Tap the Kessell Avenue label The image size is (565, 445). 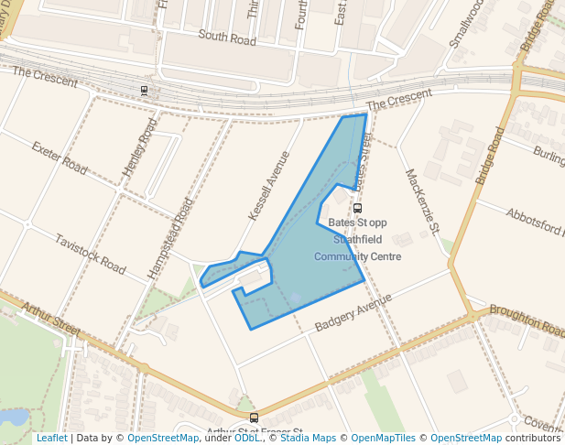point(268,186)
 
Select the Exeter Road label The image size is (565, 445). point(59,158)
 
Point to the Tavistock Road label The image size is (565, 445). point(89,254)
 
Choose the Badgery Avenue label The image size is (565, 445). point(353,312)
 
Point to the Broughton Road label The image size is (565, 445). point(527,320)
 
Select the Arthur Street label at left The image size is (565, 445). point(56,319)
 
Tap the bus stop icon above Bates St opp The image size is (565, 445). point(357,208)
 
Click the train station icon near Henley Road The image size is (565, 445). point(144,90)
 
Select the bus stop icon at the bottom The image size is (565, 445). point(255,417)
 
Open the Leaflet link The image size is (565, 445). point(51,438)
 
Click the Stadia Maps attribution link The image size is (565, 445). point(308,438)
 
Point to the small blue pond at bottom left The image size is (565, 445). point(15,418)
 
